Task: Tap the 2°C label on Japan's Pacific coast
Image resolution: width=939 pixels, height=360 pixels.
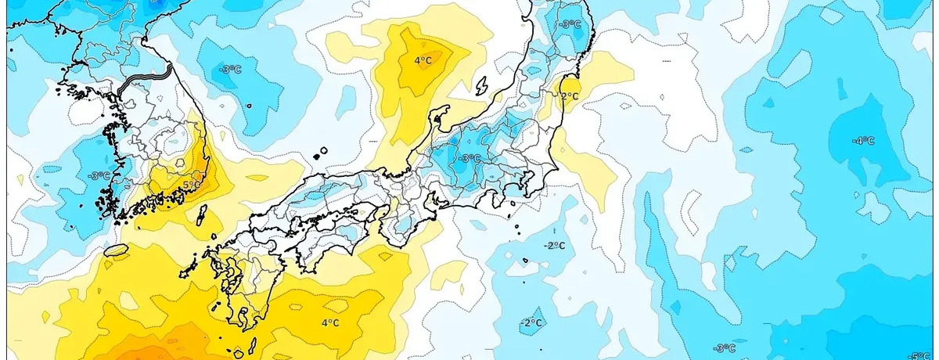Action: (570, 97)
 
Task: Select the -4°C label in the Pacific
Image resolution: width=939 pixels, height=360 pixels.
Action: (863, 141)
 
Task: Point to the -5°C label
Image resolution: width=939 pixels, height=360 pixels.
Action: (919, 356)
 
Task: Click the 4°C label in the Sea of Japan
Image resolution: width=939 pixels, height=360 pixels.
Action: (423, 60)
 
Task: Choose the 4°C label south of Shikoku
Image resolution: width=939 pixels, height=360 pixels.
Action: (329, 322)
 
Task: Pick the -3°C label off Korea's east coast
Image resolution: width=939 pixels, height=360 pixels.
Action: (230, 69)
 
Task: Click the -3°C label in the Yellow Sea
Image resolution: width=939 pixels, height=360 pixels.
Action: (99, 175)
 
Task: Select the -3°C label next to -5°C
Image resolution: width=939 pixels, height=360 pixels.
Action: (724, 348)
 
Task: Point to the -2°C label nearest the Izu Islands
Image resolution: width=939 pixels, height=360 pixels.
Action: (554, 246)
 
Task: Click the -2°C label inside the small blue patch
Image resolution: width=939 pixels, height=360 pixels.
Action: (532, 322)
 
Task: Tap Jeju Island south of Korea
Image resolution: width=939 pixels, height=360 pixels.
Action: (116, 250)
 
